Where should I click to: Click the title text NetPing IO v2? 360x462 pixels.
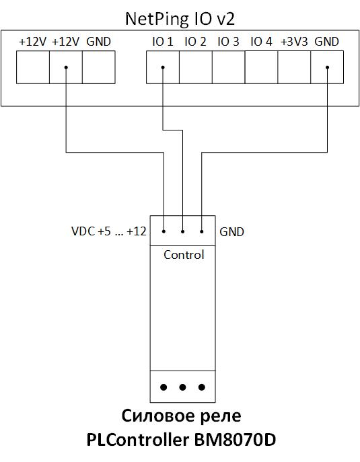tap(180, 19)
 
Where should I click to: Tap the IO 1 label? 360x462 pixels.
tap(163, 42)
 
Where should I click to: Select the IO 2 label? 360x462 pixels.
tap(195, 42)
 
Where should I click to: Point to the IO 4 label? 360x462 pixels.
tap(261, 42)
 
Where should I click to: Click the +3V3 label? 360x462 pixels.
tap(294, 42)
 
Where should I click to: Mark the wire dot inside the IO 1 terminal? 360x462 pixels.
tap(163, 67)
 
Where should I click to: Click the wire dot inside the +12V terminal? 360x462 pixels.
tap(66, 67)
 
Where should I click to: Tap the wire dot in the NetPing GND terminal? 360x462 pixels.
tap(327, 67)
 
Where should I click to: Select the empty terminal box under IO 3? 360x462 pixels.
tap(229, 67)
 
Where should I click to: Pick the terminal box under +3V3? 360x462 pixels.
tap(294, 67)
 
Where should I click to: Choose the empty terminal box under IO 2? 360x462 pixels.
tap(196, 67)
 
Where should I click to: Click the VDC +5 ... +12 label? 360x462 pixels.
tap(109, 231)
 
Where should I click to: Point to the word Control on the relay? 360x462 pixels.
tap(184, 255)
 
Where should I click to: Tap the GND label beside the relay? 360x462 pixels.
tap(231, 232)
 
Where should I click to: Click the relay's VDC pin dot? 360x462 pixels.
tap(164, 231)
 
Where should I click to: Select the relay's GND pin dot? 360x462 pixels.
tap(202, 231)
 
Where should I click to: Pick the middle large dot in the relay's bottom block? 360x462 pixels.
tap(182, 387)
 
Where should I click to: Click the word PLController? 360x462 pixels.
tap(137, 440)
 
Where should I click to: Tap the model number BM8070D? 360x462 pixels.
tap(235, 440)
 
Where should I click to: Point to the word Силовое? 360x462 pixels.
tap(159, 416)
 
